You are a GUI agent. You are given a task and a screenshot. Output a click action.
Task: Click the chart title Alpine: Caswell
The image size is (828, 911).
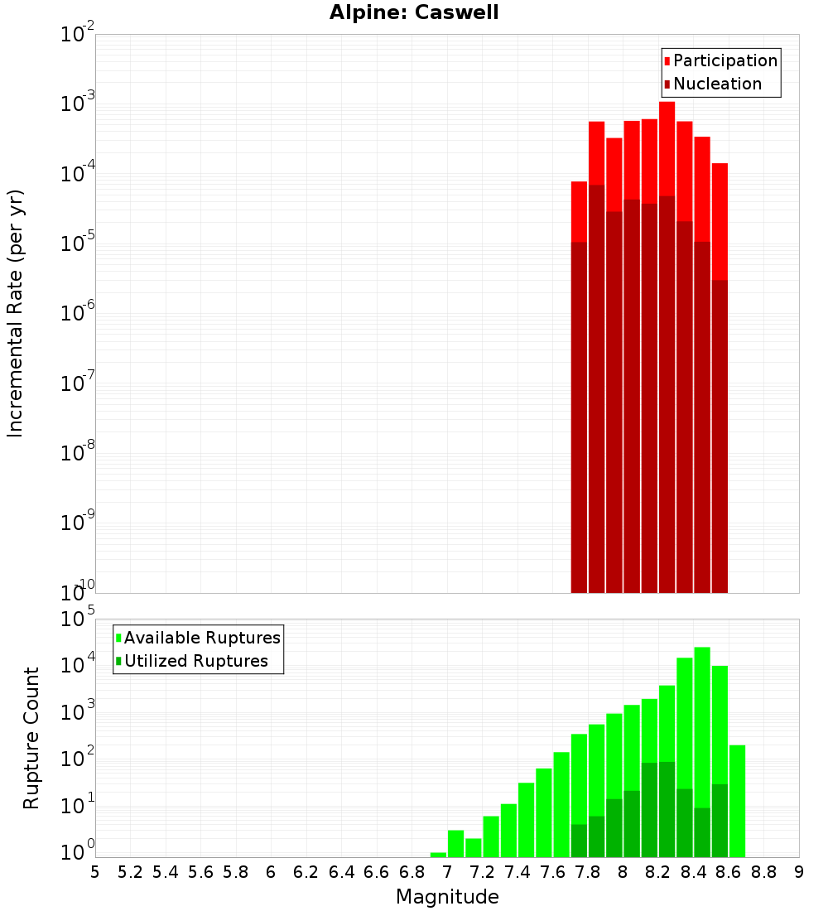coord(414,13)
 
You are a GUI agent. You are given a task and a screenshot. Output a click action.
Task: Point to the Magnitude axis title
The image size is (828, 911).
coord(447,897)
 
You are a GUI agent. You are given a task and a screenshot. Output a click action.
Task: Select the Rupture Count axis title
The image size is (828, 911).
coord(31,738)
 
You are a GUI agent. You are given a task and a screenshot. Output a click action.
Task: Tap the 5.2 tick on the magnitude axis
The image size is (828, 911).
coord(130,872)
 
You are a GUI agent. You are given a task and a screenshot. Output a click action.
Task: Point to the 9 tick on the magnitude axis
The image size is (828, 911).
coord(799,872)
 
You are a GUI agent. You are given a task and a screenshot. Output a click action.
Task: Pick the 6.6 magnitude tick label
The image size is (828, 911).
coord(376,872)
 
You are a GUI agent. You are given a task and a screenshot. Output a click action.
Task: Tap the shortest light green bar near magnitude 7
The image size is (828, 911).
coord(438,855)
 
